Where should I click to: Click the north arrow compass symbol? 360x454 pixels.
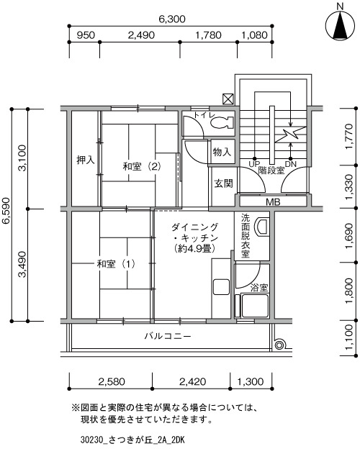pos(341,25)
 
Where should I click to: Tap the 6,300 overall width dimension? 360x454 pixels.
pos(171,19)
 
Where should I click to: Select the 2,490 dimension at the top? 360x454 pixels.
pos(141,35)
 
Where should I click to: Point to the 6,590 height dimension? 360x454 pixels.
pos(6,211)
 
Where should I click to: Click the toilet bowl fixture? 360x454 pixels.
pos(222,122)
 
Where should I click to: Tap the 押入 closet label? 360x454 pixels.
pos(85,160)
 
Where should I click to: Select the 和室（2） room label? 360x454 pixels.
pos(142,166)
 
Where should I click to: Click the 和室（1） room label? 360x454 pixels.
pos(116,264)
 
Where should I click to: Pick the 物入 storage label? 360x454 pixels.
pos(222,151)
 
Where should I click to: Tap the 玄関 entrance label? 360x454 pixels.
pos(223,183)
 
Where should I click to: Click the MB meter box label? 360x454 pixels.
pos(273,201)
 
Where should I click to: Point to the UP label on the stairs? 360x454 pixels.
pos(254,164)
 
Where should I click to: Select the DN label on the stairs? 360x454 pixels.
pos(291,164)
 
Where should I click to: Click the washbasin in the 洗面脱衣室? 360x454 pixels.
pos(261,227)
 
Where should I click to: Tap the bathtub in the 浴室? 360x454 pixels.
pos(255,306)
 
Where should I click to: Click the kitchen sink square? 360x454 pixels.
pos(222,287)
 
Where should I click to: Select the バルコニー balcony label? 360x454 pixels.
pos(168,336)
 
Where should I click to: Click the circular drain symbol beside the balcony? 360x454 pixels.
pos(279,345)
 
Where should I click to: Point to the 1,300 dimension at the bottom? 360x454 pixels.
pos(251,381)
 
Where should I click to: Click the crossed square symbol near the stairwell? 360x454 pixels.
pos(228,99)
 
